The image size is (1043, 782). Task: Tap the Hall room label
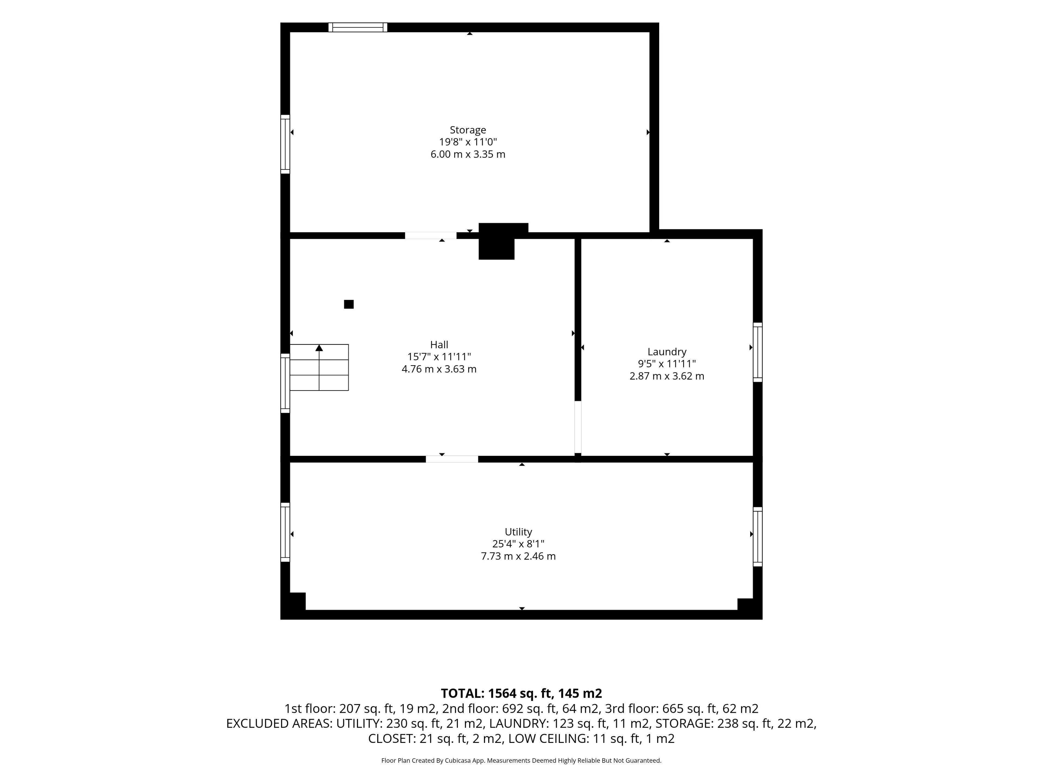pos(439,345)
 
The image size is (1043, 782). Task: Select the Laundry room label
pos(667,352)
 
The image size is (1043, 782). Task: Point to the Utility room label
pos(518,532)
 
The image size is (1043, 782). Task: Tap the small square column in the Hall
pos(349,304)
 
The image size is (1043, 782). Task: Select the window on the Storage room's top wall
pos(358,27)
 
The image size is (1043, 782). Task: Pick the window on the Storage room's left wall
pos(285,144)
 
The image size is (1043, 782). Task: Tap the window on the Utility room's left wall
pos(285,532)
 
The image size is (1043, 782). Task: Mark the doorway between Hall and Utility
pos(452,459)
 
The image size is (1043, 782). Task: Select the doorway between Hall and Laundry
pos(578,427)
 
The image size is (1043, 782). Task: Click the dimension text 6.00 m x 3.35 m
pos(468,154)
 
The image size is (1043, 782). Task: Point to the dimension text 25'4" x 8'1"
pos(518,544)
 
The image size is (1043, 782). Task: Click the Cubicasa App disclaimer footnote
pos(521,760)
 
